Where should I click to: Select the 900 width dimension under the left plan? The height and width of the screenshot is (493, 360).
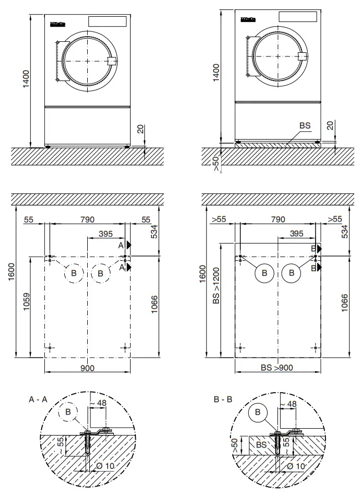click(87, 368)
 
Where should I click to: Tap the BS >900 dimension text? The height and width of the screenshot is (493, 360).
click(277, 368)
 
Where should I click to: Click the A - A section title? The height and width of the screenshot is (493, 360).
click(40, 399)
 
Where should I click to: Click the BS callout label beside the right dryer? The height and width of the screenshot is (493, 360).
click(305, 126)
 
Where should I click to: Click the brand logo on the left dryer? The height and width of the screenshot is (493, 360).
click(57, 24)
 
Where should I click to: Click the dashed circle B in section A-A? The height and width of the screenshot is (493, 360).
click(68, 411)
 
